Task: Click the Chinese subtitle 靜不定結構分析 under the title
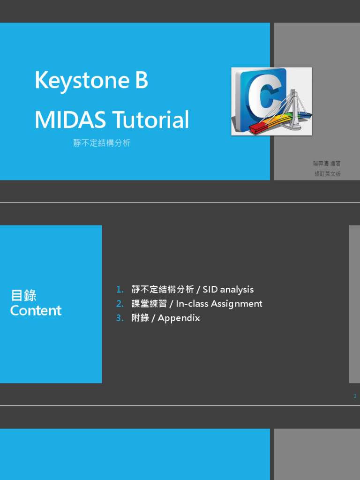[x=102, y=143]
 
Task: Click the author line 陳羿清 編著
[x=327, y=164]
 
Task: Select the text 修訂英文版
[x=327, y=173]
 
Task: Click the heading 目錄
[x=23, y=296]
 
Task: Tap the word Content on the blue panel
[x=36, y=310]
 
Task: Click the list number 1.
[x=120, y=290]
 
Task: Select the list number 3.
[x=120, y=318]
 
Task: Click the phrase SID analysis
[x=228, y=290]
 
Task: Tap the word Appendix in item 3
[x=179, y=318]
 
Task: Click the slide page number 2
[x=355, y=397]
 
